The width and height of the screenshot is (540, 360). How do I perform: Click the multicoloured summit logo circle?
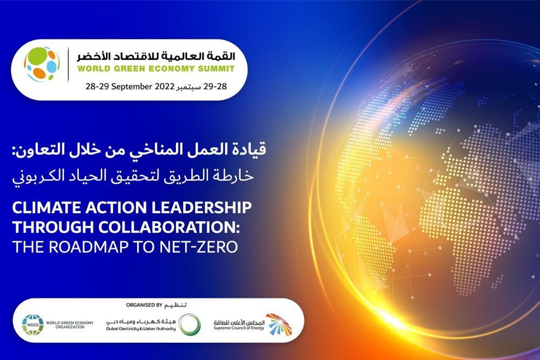click(x=42, y=64)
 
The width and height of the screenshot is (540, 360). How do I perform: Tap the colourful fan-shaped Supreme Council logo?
click(x=279, y=324)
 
